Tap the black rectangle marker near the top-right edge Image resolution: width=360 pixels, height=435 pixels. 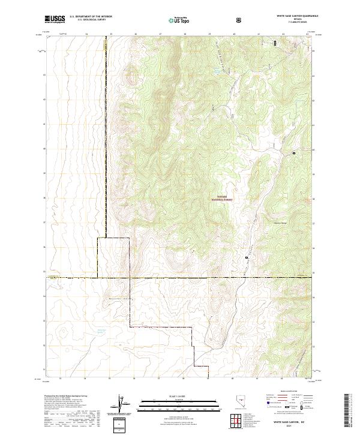(x=275, y=43)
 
